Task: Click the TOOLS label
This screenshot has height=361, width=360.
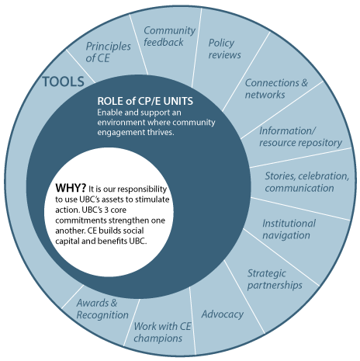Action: [x=64, y=82]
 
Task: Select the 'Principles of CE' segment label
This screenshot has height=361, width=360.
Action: [x=108, y=52]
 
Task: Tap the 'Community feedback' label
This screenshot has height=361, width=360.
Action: [x=169, y=36]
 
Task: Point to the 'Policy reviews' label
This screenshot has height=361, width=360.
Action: [x=224, y=49]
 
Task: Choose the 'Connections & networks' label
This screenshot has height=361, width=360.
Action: [x=276, y=89]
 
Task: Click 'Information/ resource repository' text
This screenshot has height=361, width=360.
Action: [x=300, y=137]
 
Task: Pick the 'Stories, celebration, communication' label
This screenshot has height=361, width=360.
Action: [x=306, y=182]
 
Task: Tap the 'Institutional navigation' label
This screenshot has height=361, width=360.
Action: [x=289, y=229]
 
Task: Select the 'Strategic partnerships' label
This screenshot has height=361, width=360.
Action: [x=275, y=279]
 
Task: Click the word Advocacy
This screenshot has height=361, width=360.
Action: [x=223, y=314]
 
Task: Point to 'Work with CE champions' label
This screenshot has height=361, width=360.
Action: [x=162, y=332]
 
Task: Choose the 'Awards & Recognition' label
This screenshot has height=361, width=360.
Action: [x=102, y=309]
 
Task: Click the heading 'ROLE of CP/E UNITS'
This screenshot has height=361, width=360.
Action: [x=145, y=101]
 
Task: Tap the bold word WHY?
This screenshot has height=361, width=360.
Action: [x=71, y=188]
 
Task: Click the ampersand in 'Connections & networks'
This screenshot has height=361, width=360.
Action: [x=304, y=83]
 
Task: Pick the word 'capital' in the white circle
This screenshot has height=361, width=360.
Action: [x=67, y=241]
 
